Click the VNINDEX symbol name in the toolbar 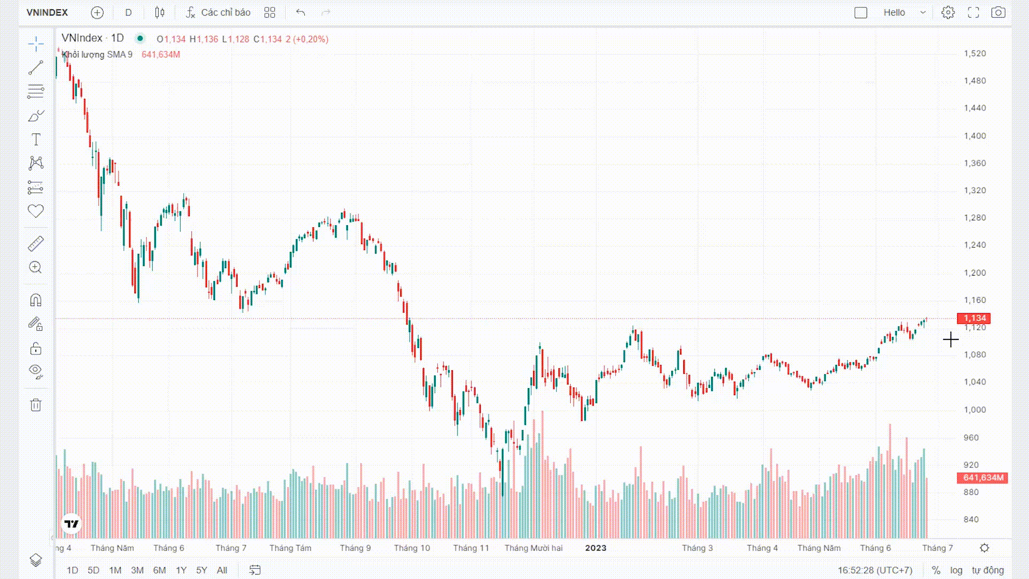(47, 12)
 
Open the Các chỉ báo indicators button (218, 12)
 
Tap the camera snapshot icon (998, 12)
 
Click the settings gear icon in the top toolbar (948, 12)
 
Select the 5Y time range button (202, 570)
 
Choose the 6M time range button (159, 570)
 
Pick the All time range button (222, 570)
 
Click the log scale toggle (956, 570)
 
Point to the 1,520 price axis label (974, 54)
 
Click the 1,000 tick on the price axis (974, 410)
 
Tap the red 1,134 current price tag (974, 318)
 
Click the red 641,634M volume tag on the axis (982, 478)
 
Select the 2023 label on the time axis (595, 548)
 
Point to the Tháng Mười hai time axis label (533, 548)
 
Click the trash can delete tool (36, 405)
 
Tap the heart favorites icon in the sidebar (36, 211)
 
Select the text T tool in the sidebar (36, 139)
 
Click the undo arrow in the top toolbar (301, 12)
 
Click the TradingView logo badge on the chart (71, 524)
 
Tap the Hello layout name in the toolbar (894, 12)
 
